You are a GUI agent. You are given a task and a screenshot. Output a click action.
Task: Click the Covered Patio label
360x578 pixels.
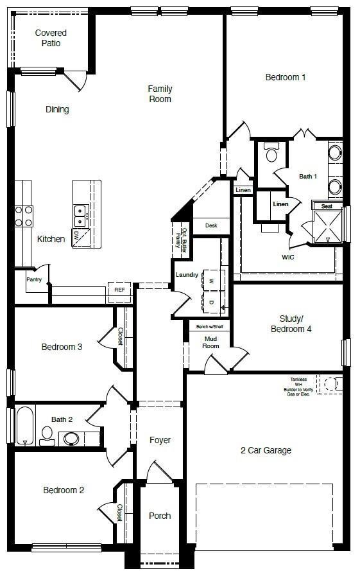[x=51, y=38]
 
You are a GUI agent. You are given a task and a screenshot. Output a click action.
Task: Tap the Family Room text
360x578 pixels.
[x=160, y=94]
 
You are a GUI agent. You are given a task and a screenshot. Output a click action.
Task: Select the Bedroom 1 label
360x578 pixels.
[x=286, y=77]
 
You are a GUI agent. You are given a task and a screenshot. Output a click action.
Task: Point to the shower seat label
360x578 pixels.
[x=327, y=206]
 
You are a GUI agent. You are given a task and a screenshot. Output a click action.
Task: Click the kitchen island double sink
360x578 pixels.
[x=81, y=216]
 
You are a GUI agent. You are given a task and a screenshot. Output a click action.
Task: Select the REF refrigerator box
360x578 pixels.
[x=119, y=290]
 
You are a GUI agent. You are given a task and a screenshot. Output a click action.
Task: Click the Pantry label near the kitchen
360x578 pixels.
[x=34, y=279]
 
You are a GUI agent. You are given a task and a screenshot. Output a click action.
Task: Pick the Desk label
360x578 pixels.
[x=211, y=225]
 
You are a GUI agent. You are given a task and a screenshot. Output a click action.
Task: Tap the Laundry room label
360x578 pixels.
[x=187, y=275]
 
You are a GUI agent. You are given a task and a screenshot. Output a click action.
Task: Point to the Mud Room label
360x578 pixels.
[x=212, y=342]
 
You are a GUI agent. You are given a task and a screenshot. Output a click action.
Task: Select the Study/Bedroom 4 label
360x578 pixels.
[x=295, y=324]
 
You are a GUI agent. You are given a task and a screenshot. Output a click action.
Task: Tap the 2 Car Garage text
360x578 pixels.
[x=266, y=450]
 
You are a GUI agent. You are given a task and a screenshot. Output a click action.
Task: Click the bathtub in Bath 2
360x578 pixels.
[x=24, y=425]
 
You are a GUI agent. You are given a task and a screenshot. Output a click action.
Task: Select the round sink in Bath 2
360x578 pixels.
[x=71, y=439]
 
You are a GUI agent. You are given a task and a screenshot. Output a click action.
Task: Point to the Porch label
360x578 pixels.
[x=160, y=516]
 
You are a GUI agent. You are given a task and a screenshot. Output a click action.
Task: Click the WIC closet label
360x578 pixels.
[x=288, y=257]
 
